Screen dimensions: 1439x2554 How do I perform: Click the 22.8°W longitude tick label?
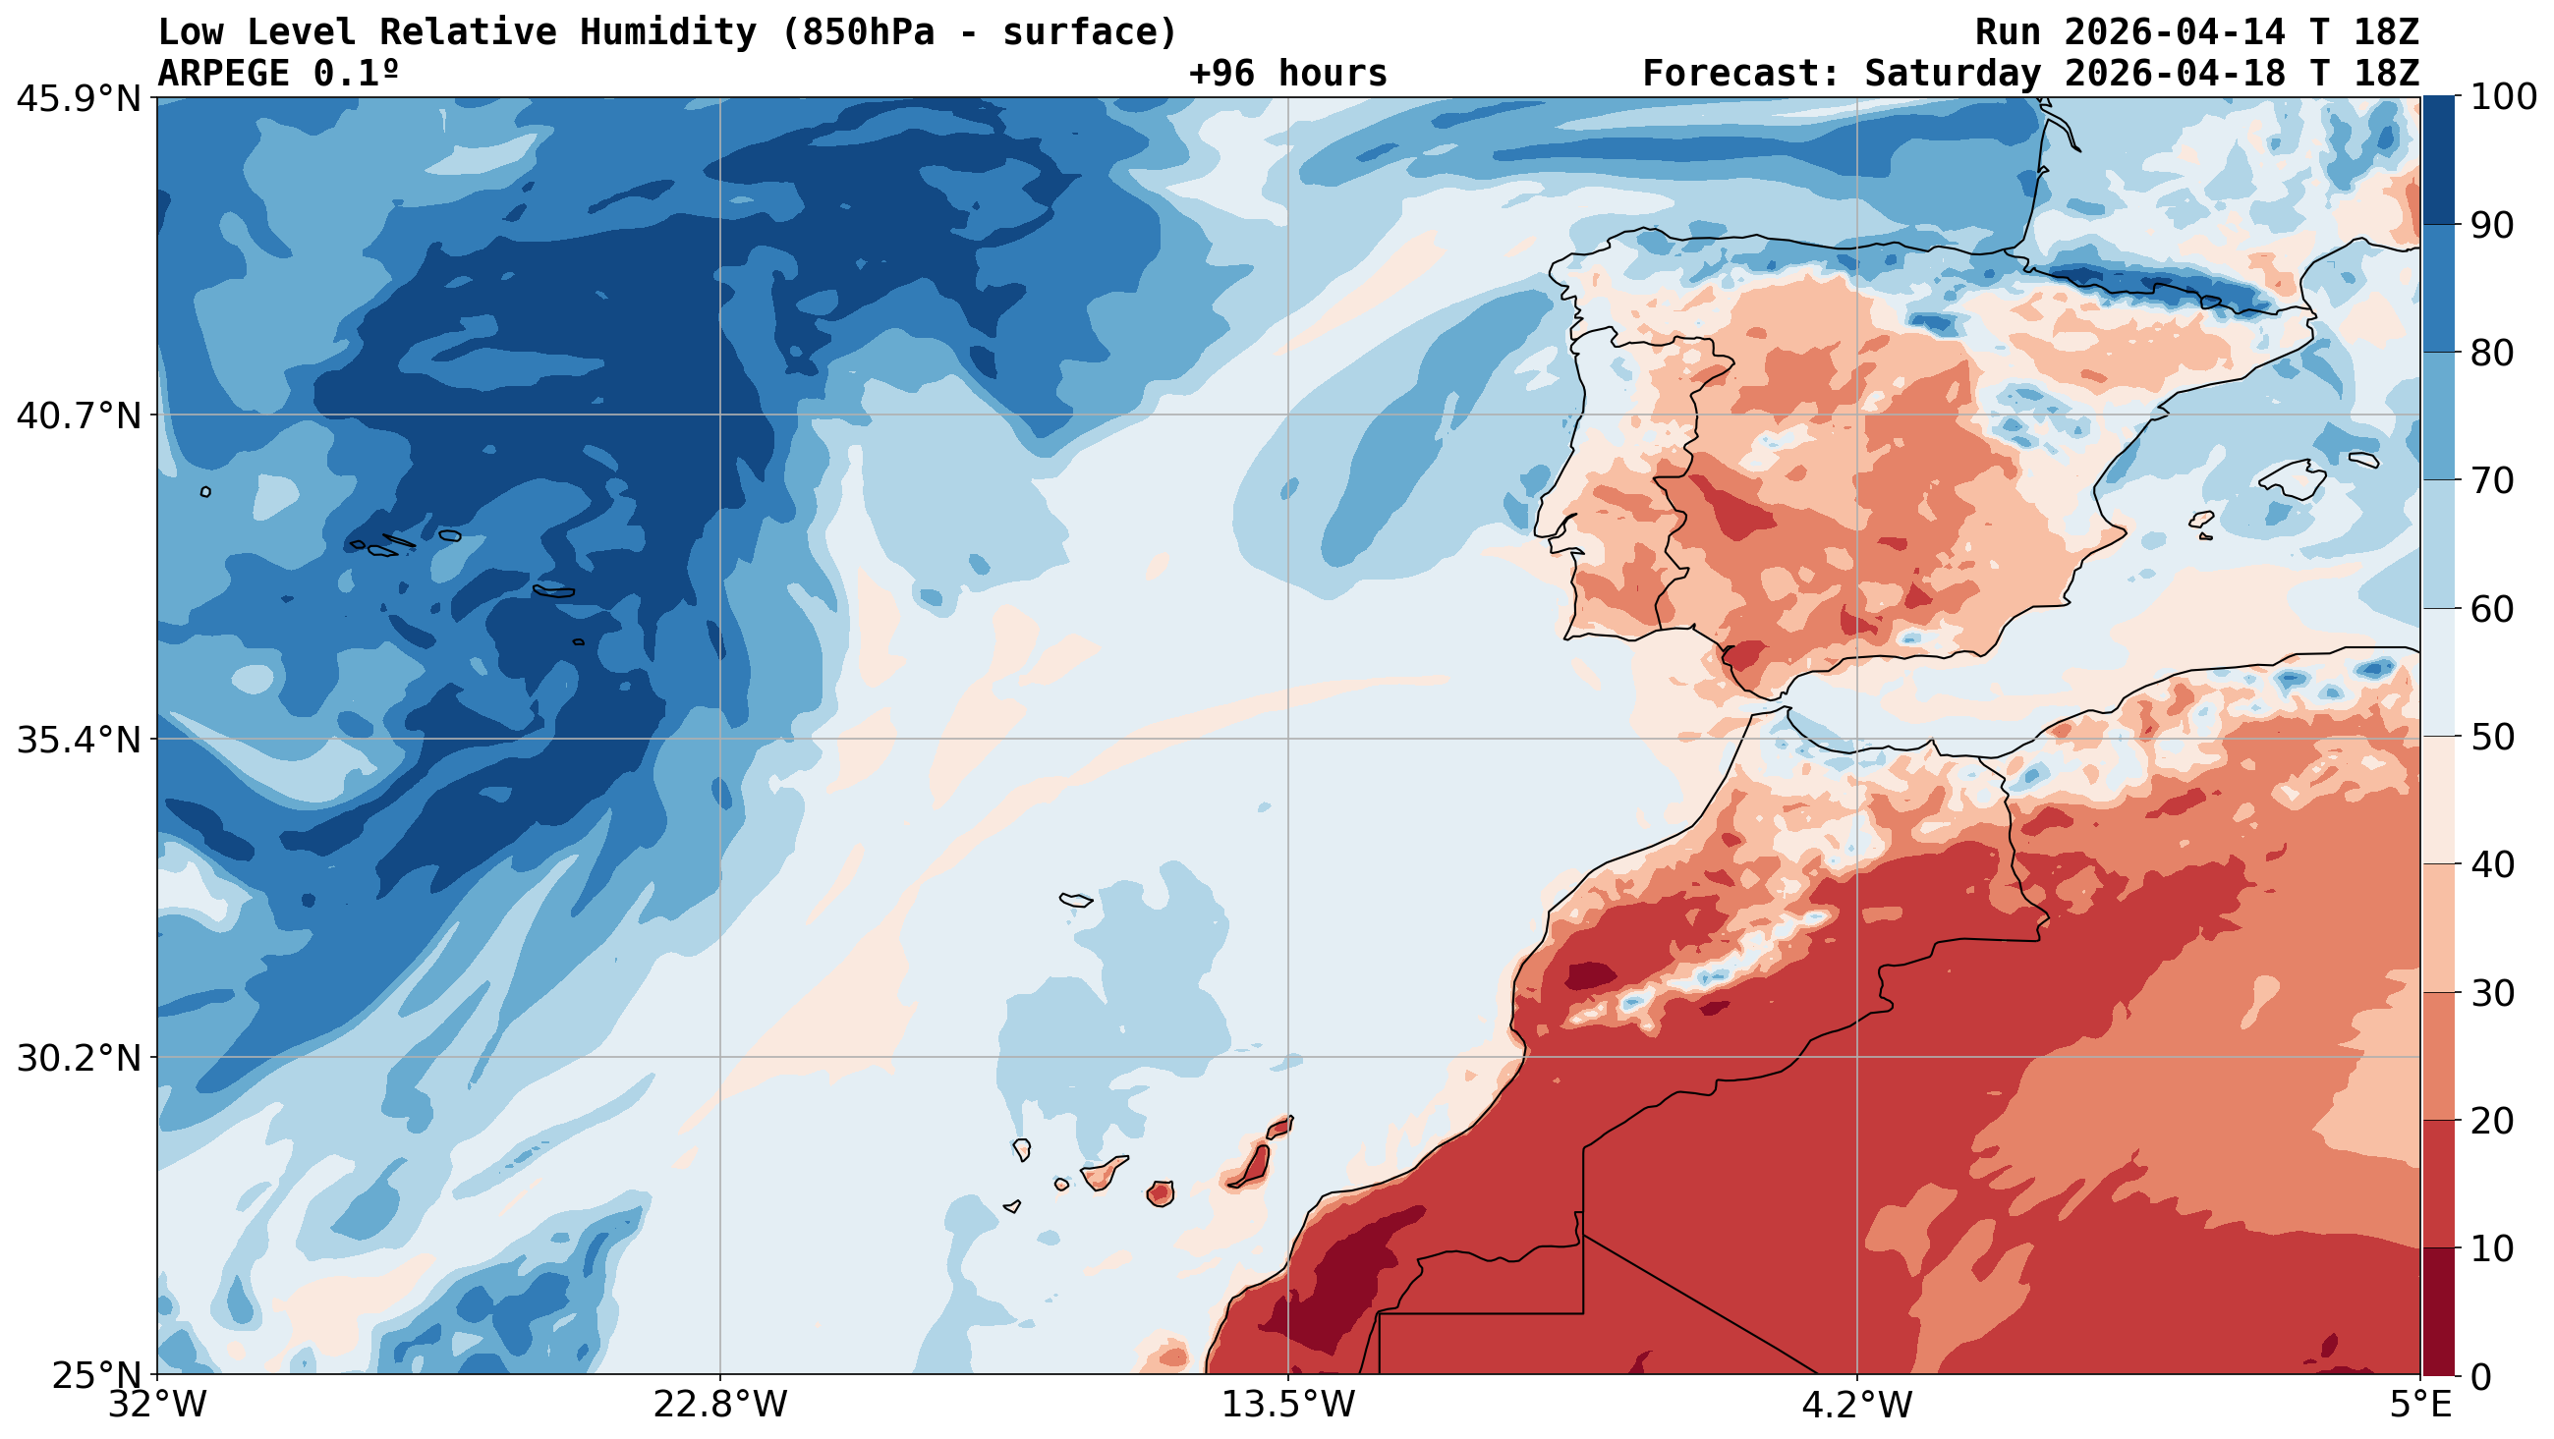coord(719,1406)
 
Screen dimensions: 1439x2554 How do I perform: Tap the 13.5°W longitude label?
coord(1288,1406)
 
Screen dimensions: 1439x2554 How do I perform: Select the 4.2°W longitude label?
coord(1856,1406)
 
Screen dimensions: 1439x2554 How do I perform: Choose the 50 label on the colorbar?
coord(2491,738)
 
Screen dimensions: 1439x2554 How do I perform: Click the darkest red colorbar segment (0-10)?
coord(2438,1311)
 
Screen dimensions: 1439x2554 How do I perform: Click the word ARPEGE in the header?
coord(224,74)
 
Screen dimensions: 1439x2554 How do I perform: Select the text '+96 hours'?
coord(1288,74)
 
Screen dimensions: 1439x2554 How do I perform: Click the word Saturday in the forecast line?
coord(1954,74)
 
